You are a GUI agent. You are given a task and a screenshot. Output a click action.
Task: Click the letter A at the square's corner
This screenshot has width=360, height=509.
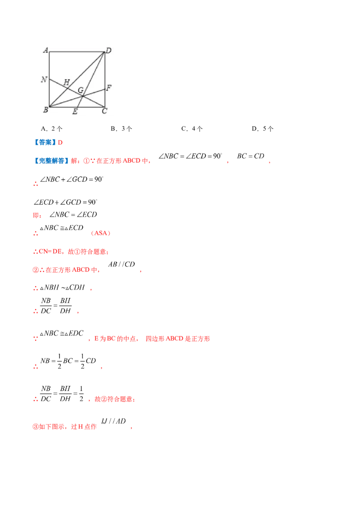(45, 50)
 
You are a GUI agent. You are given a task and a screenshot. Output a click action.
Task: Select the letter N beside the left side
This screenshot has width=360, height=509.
(44, 80)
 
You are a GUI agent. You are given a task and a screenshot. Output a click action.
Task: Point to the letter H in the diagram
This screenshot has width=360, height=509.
(66, 82)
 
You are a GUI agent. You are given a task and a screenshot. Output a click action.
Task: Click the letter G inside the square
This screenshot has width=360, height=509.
(81, 90)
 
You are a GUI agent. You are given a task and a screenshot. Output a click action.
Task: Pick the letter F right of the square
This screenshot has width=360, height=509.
(108, 88)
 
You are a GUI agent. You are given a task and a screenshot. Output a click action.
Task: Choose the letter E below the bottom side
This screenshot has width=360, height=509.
(75, 112)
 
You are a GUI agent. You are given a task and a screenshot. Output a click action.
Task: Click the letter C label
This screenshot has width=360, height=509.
(104, 111)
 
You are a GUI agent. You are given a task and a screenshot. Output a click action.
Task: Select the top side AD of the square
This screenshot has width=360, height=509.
(76, 52)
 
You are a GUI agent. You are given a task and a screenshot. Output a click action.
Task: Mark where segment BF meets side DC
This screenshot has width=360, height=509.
(105, 89)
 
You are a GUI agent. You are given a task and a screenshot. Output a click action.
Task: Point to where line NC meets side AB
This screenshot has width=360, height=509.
(49, 79)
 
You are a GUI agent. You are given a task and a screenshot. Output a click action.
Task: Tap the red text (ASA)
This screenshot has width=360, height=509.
(101, 234)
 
